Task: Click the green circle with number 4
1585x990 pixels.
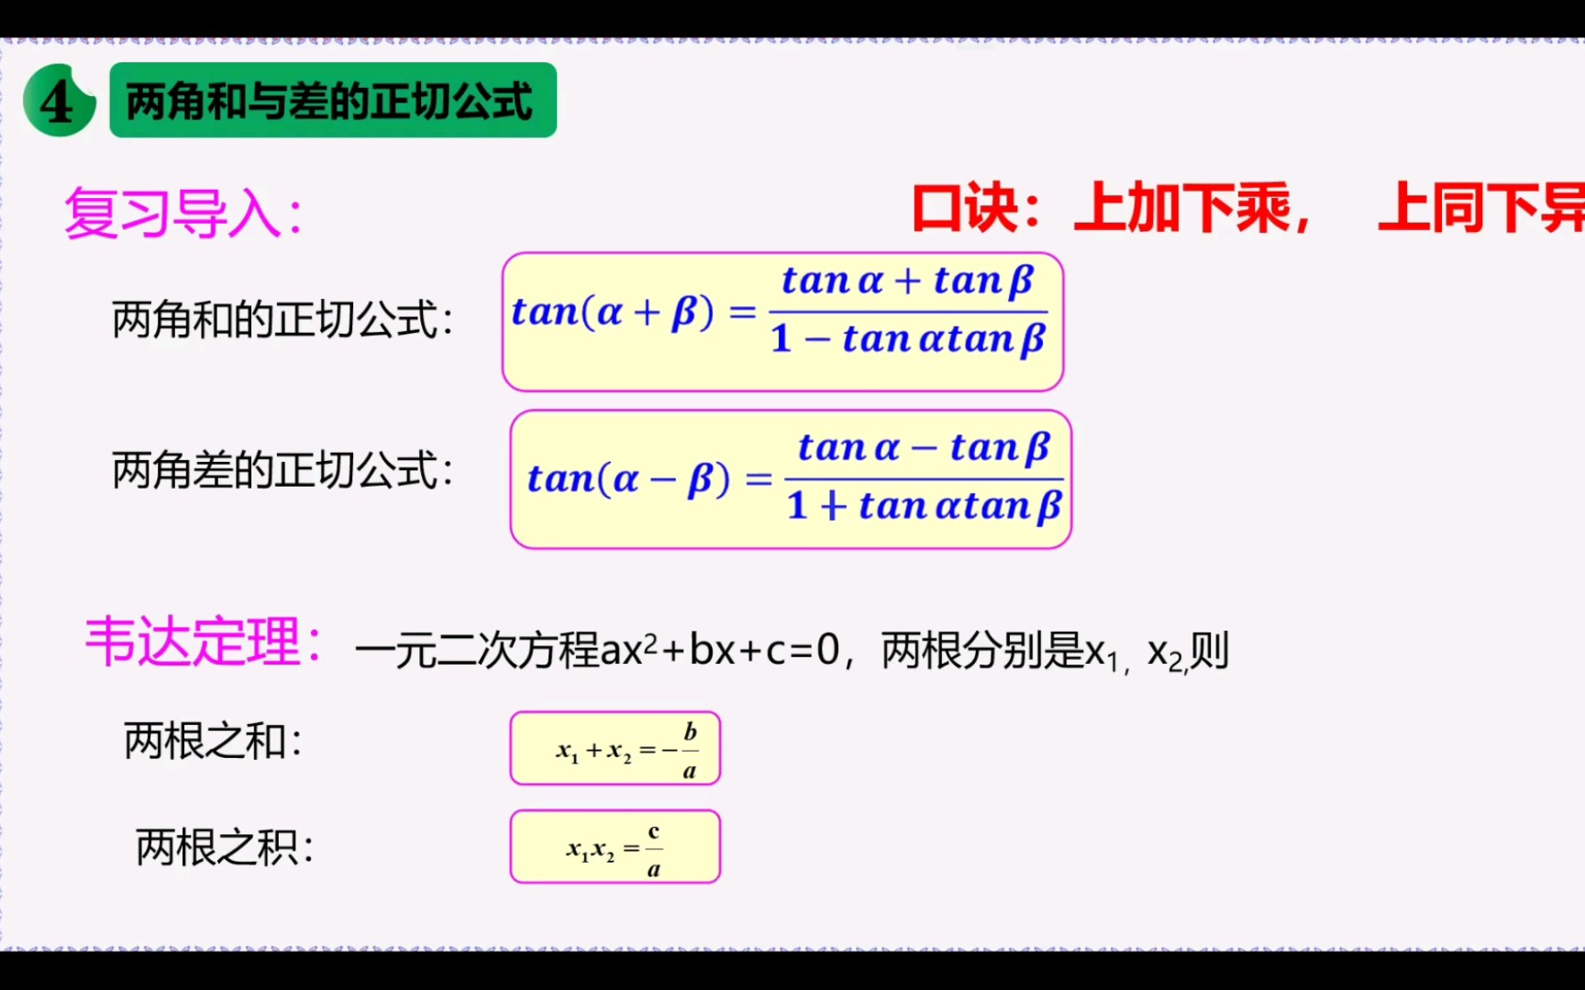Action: coord(59,101)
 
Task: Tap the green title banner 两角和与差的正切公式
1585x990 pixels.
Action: coord(332,101)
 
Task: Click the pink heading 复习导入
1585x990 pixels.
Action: coord(182,214)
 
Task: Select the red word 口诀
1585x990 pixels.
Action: coord(965,208)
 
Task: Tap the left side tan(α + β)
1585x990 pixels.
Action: coord(612,313)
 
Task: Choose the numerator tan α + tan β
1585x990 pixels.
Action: coord(908,280)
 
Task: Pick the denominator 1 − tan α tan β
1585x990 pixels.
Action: coord(908,339)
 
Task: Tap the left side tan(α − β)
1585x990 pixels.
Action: coord(628,479)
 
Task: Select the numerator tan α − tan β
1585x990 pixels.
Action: coord(924,448)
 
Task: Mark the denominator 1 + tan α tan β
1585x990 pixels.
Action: coord(924,506)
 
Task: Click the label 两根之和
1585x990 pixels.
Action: coord(213,741)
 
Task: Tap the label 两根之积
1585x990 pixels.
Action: coord(224,847)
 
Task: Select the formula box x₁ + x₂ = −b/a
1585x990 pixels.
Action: coord(615,749)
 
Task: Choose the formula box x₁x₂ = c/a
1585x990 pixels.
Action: coord(615,847)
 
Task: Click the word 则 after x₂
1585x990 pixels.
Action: coord(1210,651)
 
